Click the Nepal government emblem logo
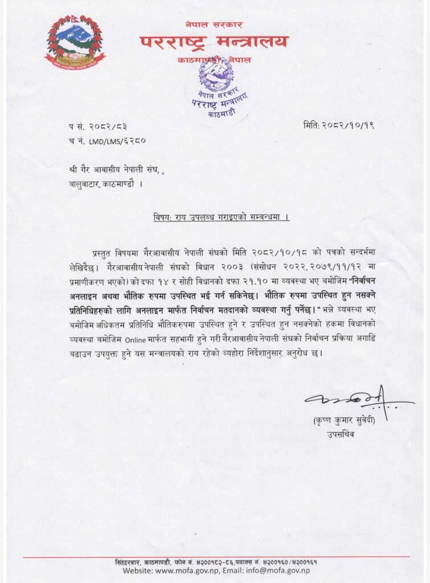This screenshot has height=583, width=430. click(75, 42)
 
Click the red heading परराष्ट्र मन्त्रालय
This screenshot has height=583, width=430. click(214, 42)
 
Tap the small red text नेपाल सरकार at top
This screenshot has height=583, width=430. click(214, 24)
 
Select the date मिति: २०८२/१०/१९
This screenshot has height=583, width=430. click(338, 125)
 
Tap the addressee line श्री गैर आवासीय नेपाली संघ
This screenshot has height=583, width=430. click(116, 169)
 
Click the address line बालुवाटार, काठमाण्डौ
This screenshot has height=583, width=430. click(107, 184)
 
